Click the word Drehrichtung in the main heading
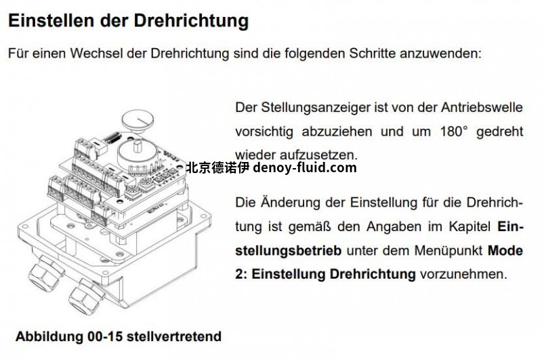(191, 21)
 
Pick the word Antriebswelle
(482, 107)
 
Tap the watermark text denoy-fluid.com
(304, 167)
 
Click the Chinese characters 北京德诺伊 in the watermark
(217, 167)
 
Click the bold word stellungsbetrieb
(289, 250)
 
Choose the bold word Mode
(505, 250)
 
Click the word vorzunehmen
(463, 274)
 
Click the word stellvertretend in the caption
(174, 336)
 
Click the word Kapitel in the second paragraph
(470, 226)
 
